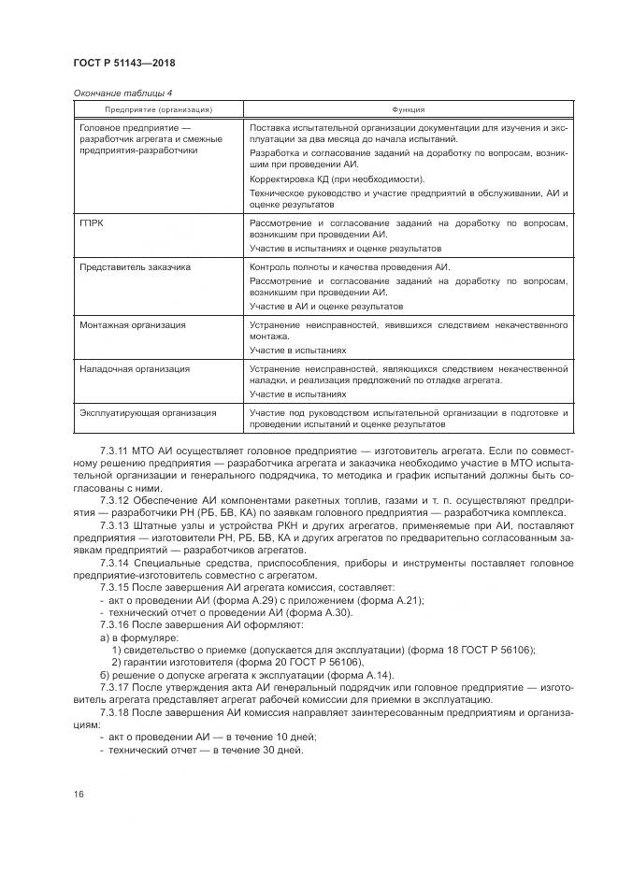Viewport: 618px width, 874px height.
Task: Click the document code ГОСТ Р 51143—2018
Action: pyautogui.click(x=124, y=63)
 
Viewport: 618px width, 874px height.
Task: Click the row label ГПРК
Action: pyautogui.click(x=92, y=224)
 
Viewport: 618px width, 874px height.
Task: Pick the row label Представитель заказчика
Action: pyautogui.click(x=135, y=266)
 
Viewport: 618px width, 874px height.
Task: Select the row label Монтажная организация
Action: pyautogui.click(x=132, y=324)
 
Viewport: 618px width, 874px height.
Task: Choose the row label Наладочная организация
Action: pyautogui.click(x=133, y=368)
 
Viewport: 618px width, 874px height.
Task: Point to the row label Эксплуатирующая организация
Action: pyautogui.click(x=148, y=412)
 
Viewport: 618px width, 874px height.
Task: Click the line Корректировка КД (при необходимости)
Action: pyautogui.click(x=337, y=179)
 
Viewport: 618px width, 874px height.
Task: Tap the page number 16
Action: pyautogui.click(x=78, y=794)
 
